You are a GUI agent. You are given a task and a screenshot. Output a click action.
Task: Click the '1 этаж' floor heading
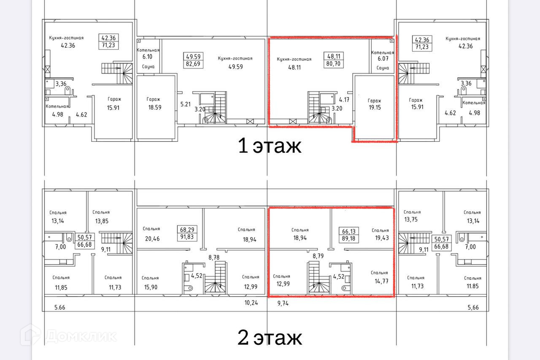pyautogui.click(x=270, y=146)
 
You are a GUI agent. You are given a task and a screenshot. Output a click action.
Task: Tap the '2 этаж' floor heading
pyautogui.click(x=270, y=338)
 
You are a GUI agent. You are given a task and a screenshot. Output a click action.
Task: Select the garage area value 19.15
pyautogui.click(x=375, y=108)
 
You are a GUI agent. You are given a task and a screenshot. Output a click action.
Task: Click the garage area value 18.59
pyautogui.click(x=155, y=108)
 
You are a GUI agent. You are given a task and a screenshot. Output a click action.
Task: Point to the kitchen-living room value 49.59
pyautogui.click(x=235, y=67)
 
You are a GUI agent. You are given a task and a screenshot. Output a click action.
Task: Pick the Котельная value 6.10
pyautogui.click(x=147, y=57)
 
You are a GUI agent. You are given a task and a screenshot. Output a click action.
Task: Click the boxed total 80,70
pyautogui.click(x=333, y=64)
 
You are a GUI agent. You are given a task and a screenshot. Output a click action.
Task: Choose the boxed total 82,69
pyautogui.click(x=193, y=64)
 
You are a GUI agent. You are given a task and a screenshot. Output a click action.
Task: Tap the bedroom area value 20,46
pyautogui.click(x=152, y=239)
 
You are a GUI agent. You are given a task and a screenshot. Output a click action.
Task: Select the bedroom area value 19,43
pyautogui.click(x=382, y=238)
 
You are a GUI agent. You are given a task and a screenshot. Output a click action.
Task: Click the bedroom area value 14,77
pyautogui.click(x=381, y=281)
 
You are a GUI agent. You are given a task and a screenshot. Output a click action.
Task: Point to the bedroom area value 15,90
pyautogui.click(x=151, y=287)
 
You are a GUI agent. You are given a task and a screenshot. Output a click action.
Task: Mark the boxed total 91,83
pyautogui.click(x=187, y=237)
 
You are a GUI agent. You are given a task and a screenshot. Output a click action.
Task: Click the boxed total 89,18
pyautogui.click(x=348, y=239)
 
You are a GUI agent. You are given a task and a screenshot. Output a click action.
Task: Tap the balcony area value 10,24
pyautogui.click(x=251, y=303)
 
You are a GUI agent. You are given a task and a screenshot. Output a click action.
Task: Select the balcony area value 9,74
pyautogui.click(x=283, y=303)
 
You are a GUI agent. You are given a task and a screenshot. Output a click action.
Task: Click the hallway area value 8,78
pyautogui.click(x=214, y=257)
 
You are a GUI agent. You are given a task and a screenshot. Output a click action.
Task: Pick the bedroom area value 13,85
pyautogui.click(x=102, y=221)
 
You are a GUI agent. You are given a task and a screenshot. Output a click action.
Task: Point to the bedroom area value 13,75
pyautogui.click(x=411, y=219)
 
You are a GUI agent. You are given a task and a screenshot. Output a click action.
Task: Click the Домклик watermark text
pyautogui.click(x=81, y=336)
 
